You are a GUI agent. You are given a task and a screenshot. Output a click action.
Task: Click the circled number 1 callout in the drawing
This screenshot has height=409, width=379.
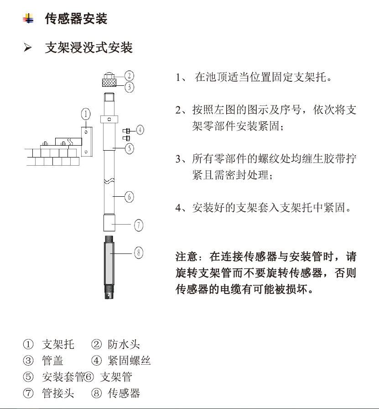(x=85, y=114)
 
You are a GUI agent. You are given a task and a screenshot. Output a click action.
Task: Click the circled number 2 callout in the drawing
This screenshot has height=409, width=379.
(x=129, y=75)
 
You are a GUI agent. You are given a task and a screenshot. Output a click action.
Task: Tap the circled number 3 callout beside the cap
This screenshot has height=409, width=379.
(x=129, y=86)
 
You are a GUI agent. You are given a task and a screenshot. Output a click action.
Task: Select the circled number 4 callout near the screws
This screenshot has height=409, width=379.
(x=140, y=130)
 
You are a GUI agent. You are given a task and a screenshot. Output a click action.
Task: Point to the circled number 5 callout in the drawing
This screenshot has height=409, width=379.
(x=129, y=148)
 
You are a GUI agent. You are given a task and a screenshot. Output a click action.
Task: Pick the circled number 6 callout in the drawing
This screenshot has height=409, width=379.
(x=129, y=197)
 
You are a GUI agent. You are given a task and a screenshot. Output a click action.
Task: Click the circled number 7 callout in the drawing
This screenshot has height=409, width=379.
(x=139, y=225)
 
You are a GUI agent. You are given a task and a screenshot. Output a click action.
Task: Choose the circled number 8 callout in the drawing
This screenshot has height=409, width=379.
(x=139, y=252)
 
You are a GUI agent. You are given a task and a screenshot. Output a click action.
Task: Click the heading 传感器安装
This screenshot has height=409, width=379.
(x=76, y=19)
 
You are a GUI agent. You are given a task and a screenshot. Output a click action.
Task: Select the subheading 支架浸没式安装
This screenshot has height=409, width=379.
(x=88, y=47)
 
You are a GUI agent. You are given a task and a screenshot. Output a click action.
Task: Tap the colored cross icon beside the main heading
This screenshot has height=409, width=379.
(x=28, y=19)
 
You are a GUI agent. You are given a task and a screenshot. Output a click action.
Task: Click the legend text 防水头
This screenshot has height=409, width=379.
(x=124, y=344)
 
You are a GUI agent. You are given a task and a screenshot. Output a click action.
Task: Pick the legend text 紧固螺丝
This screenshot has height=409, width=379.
(x=129, y=361)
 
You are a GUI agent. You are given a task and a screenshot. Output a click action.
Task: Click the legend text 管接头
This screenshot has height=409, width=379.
(x=58, y=393)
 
